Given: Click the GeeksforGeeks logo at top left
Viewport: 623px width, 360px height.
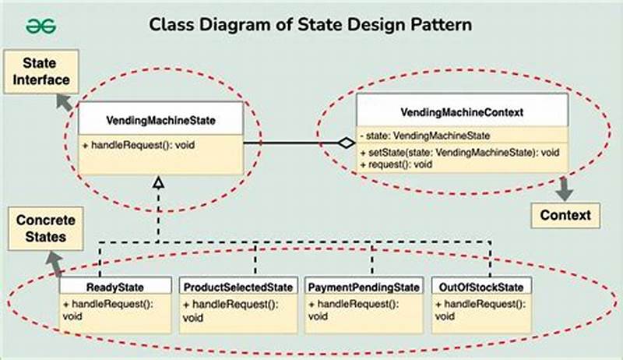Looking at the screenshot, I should tap(42, 25).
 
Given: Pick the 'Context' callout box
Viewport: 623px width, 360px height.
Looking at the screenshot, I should tap(565, 214).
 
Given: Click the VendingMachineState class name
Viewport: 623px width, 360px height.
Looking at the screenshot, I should tap(160, 121).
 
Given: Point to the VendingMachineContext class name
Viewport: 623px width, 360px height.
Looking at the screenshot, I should tap(463, 112).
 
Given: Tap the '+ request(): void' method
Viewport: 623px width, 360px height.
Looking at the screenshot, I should tap(398, 164).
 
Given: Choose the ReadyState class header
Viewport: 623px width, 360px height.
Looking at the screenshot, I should tap(114, 288).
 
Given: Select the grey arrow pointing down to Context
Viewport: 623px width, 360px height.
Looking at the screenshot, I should tap(564, 186).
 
